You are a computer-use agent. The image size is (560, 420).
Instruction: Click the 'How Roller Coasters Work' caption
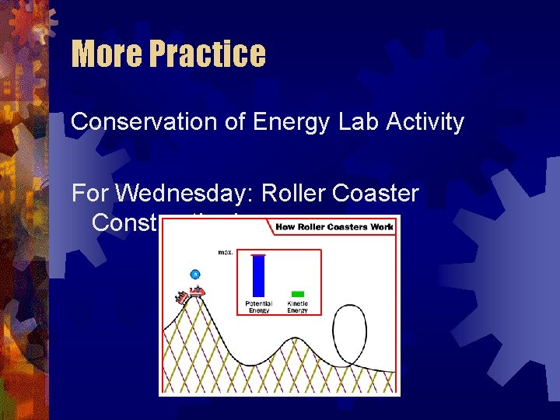tap(334, 227)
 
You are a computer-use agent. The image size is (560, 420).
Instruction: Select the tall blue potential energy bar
tap(259, 276)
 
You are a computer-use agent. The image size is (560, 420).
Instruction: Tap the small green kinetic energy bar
tap(297, 294)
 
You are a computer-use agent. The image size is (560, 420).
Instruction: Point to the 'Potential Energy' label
tap(259, 306)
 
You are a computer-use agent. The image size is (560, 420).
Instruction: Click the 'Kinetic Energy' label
tap(297, 306)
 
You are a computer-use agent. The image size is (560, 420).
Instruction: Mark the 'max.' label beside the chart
tap(226, 252)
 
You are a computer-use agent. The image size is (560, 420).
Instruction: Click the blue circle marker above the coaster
tap(195, 274)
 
